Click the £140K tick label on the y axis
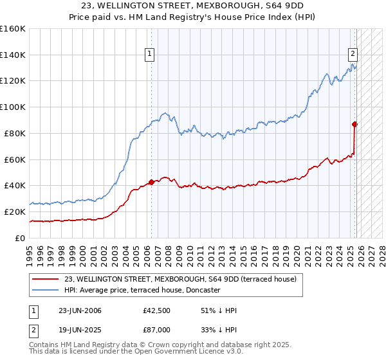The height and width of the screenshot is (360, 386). [13, 55]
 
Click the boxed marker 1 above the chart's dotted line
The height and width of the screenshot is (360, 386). [149, 55]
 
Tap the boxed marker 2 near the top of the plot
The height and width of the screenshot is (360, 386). [353, 55]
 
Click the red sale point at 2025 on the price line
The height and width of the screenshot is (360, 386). [354, 124]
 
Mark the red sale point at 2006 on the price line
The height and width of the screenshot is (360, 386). [151, 182]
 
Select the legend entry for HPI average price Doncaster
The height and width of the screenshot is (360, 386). [142, 290]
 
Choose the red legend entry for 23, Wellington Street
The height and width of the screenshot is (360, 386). [180, 278]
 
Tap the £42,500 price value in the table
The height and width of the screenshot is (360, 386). [156, 310]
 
